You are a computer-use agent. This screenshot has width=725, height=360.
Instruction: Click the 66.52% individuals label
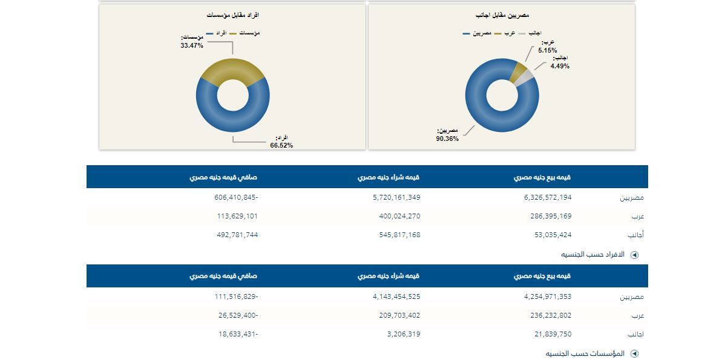pos(281,142)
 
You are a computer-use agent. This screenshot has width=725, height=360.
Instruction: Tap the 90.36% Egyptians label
pos(448,134)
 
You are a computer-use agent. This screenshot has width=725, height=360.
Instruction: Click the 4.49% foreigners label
pos(560,62)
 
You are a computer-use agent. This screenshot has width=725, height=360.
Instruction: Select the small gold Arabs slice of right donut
pos(519,71)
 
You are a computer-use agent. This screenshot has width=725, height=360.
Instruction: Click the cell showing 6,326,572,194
pos(543,197)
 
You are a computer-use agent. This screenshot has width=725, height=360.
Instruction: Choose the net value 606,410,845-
pos(236,197)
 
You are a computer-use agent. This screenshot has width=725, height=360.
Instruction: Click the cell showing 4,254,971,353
pos(543,296)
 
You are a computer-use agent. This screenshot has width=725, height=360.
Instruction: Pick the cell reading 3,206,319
pos(402,334)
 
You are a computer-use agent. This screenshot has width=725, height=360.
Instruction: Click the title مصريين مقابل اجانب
pos(502,15)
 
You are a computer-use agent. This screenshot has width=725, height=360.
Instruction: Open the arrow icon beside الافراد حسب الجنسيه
pos(634,255)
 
